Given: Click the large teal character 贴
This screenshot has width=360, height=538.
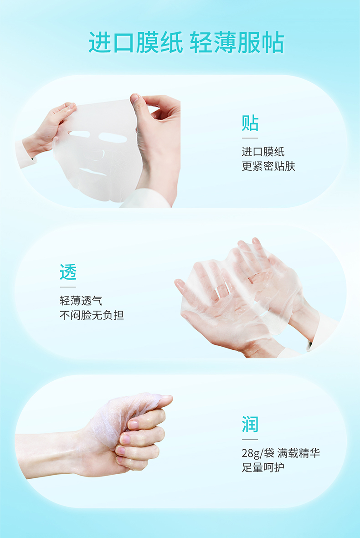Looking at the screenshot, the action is (250, 123).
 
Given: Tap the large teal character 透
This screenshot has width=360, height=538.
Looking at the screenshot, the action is (68, 272).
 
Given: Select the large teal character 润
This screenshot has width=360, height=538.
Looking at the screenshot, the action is (250, 424).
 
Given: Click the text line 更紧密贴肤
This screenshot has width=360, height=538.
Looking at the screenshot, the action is (268, 166).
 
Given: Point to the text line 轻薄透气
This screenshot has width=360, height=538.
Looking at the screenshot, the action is (81, 301).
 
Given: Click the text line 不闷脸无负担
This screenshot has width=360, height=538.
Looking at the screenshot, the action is (92, 315).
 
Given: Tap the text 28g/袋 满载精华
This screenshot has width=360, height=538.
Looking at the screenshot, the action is (281, 453).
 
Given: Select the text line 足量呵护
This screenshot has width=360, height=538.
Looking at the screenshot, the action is (263, 467).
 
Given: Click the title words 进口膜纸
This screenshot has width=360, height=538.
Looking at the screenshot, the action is (135, 42).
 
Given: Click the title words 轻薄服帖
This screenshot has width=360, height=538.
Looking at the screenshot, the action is (237, 42).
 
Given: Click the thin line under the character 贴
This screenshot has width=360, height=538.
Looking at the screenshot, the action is (250, 138).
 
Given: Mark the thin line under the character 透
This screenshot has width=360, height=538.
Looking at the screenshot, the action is (68, 287).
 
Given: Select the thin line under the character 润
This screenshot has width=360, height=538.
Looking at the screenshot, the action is (250, 439).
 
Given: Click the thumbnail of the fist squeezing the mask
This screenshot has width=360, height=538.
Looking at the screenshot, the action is (94, 436).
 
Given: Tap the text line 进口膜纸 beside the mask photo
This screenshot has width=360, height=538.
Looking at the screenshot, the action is (263, 152).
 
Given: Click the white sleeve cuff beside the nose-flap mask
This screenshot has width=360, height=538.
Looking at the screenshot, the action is (25, 154).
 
